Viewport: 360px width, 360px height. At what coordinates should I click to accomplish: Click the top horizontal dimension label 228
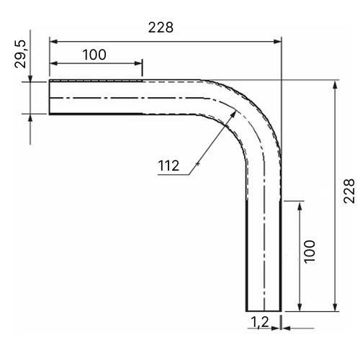click(x=161, y=27)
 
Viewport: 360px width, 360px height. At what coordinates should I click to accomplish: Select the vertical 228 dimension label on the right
click(x=348, y=191)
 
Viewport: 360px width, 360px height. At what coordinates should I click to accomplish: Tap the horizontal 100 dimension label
click(x=94, y=55)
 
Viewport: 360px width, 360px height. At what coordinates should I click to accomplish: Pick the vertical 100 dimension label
click(x=310, y=251)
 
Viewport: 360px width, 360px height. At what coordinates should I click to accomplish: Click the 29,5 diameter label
click(x=20, y=54)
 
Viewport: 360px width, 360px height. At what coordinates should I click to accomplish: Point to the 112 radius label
click(x=168, y=166)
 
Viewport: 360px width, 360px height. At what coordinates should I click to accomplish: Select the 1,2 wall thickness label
click(x=260, y=322)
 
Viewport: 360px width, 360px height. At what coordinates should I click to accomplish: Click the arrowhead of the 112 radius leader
click(x=233, y=114)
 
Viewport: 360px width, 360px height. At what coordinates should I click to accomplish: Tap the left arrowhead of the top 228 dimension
click(x=53, y=42)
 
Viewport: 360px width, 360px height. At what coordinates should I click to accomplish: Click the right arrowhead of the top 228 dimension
click(x=277, y=42)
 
